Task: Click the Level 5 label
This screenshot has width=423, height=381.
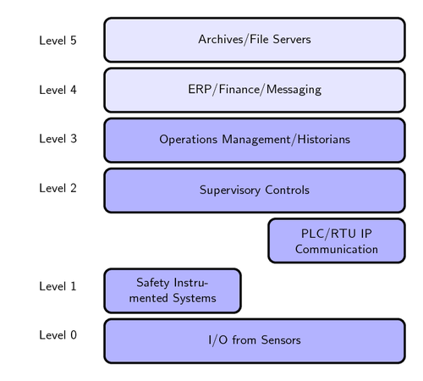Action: [x=58, y=40]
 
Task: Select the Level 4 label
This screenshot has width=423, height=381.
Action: [x=58, y=89]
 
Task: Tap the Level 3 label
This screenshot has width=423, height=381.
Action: [x=58, y=139]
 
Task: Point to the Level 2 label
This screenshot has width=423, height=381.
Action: [x=58, y=188]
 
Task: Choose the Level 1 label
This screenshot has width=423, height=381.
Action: [x=58, y=286]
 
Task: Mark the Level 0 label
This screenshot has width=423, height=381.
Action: [x=58, y=335]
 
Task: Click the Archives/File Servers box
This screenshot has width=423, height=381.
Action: [x=254, y=40]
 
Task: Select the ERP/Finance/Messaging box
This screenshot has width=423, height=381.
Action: [x=254, y=90]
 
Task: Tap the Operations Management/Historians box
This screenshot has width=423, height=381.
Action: [x=254, y=140]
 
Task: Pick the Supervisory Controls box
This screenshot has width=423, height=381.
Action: [x=254, y=190]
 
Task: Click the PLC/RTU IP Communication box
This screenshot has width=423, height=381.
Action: [x=336, y=240]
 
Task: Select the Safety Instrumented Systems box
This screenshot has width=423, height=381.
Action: [x=172, y=290]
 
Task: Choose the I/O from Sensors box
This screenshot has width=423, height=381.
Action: [x=254, y=340]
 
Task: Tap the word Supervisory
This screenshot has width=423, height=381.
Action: [x=230, y=190]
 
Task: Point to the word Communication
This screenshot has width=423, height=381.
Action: [x=336, y=249]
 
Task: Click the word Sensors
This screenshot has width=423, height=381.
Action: [x=277, y=340]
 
